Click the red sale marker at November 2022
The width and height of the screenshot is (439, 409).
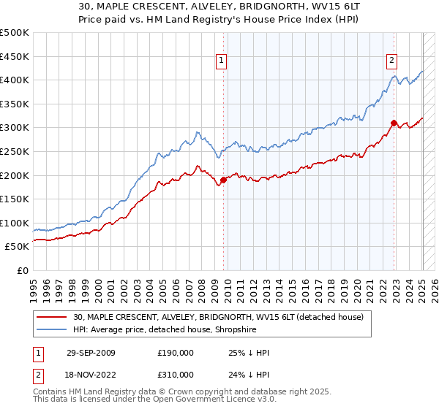(394, 123)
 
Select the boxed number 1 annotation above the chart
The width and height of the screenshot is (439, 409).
(222, 61)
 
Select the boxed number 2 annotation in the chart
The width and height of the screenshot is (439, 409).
(392, 61)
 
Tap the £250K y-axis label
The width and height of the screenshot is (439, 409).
(15, 151)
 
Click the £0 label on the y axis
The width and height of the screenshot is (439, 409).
(23, 270)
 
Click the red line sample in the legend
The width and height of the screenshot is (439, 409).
(52, 316)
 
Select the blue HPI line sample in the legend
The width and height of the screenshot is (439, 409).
(52, 329)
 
